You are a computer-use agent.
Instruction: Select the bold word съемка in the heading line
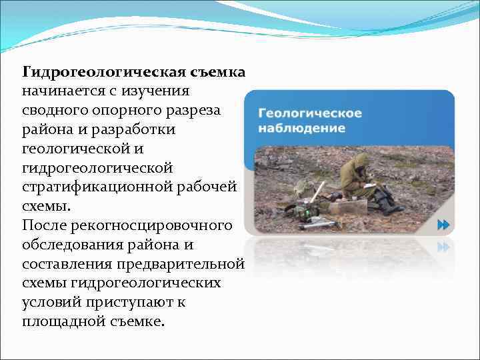point(219,71)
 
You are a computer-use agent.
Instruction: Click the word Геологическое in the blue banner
point(310,113)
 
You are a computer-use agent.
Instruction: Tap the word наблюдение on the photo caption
point(301,127)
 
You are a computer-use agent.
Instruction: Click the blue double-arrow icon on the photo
point(443,225)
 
